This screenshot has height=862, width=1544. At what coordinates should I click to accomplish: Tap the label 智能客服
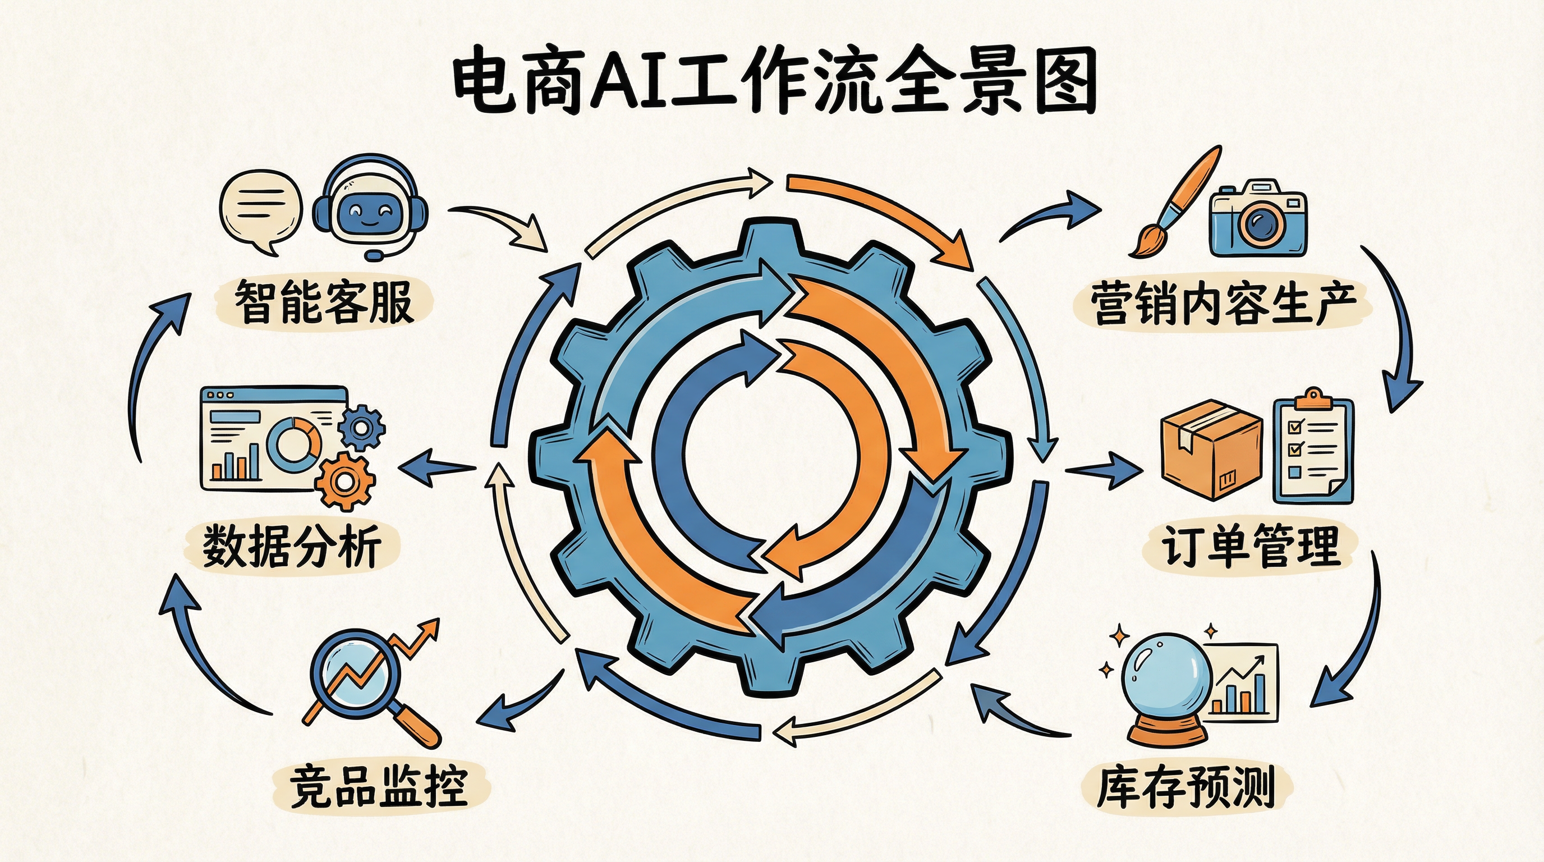click(323, 301)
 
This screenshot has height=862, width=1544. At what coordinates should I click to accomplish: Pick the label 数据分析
click(292, 545)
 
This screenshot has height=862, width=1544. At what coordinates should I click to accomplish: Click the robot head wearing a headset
click(370, 207)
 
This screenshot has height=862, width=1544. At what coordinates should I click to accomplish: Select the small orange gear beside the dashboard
click(344, 482)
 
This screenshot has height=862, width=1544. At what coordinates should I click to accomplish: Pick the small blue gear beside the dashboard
click(361, 428)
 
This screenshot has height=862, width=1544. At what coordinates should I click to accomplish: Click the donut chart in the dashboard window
click(293, 445)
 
